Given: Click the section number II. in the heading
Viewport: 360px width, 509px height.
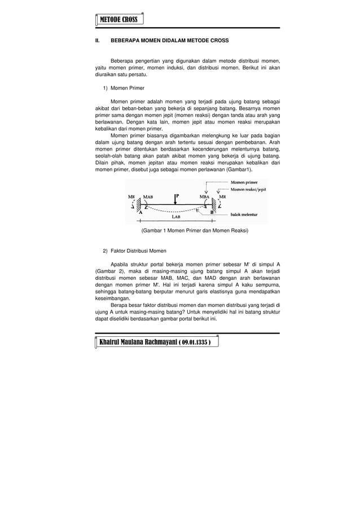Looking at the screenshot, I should (x=97, y=41).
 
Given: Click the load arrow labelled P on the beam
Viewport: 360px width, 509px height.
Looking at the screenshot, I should (x=175, y=199).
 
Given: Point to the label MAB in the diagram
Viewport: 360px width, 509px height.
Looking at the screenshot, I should (x=148, y=196).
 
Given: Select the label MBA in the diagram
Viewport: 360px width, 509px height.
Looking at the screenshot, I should (x=205, y=196).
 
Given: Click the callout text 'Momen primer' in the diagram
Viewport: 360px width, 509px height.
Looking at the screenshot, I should (x=244, y=182).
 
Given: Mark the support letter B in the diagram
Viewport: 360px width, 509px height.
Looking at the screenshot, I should (x=212, y=212).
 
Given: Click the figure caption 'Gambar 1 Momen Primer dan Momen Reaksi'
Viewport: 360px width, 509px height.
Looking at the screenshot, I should (x=187, y=231).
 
